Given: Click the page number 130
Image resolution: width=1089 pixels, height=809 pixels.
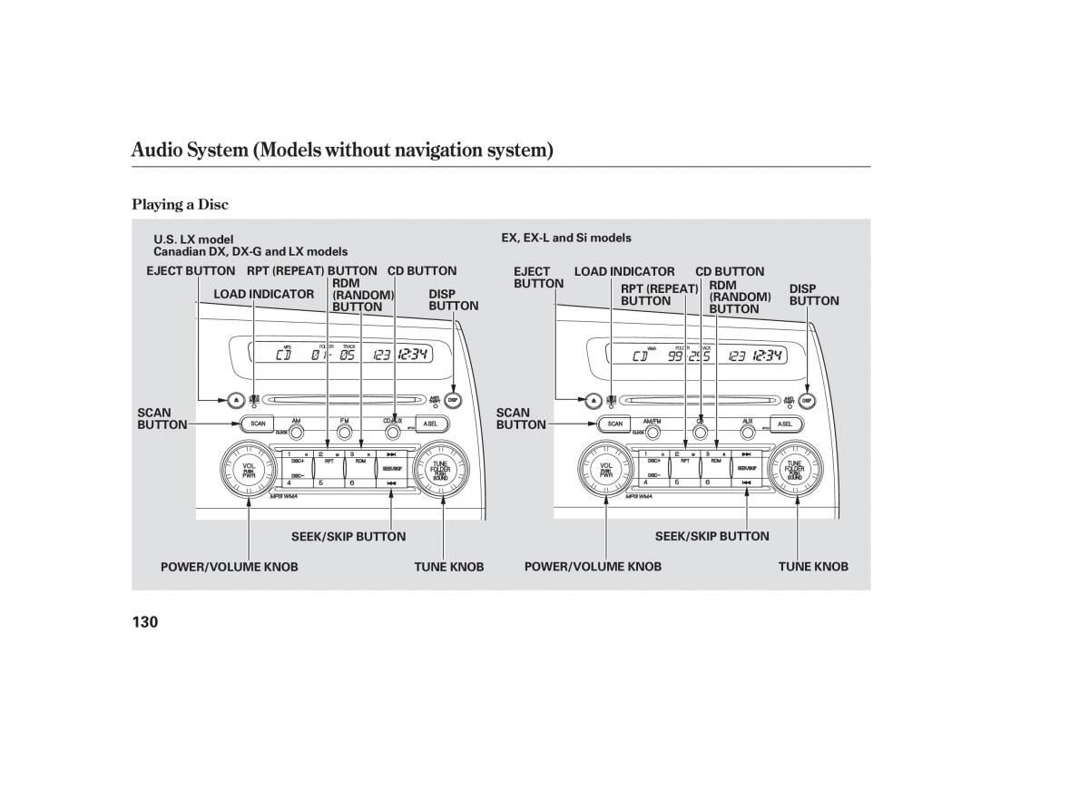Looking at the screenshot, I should (145, 622).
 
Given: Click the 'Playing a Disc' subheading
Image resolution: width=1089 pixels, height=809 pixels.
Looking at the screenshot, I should (180, 204).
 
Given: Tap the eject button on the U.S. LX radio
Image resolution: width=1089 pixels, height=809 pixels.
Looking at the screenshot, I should (233, 399).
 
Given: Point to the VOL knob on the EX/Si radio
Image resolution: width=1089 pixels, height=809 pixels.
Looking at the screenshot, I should (606, 470).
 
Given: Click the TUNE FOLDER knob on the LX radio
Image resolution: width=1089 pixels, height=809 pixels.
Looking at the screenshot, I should (440, 470).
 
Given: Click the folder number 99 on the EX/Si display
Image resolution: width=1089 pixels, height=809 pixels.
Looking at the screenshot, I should (676, 356).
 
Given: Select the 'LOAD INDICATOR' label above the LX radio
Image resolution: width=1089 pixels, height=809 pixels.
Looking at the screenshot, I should (263, 294).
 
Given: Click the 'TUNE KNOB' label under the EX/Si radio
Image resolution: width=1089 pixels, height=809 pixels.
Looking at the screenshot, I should (812, 566).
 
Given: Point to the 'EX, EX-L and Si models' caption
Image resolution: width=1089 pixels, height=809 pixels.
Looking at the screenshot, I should (565, 238).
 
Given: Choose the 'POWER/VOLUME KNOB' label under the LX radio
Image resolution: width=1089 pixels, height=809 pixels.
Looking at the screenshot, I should (229, 566).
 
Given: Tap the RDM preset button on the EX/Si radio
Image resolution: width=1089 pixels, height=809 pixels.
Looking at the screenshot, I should (717, 461).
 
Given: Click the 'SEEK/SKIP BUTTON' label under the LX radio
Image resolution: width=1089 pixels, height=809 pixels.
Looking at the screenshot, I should (348, 536).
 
